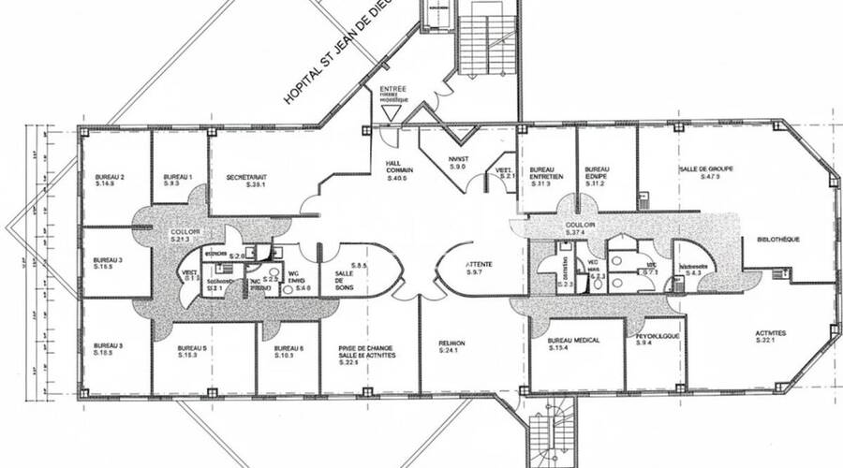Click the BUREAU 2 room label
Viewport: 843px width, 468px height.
110,177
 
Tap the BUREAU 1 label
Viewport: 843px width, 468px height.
177,177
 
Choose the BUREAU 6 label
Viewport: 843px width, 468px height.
284,347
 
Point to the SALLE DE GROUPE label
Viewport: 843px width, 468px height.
705,168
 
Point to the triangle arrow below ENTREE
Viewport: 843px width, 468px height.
392,113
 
